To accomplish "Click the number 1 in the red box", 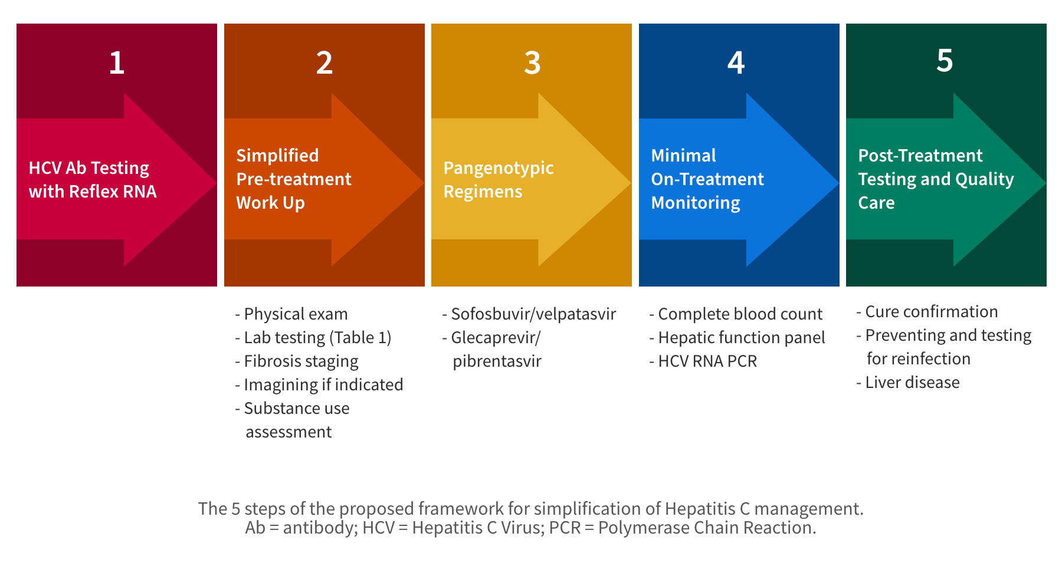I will (117, 62).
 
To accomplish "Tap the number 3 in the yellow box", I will (532, 62).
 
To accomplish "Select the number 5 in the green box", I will (945, 60).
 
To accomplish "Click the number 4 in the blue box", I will (736, 62).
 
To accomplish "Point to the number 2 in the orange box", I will (324, 62).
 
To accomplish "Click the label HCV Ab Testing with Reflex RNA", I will (93, 180).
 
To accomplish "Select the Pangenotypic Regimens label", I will (498, 180).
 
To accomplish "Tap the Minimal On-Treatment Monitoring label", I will (707, 179).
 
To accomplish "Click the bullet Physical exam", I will (295, 314).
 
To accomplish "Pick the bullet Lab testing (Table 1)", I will (317, 338).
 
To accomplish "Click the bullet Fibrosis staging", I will (300, 361).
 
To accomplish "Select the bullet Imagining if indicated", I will (323, 385).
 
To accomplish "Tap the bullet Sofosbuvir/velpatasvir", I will (533, 314).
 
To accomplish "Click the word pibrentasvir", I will (497, 361).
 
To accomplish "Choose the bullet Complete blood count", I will (739, 314).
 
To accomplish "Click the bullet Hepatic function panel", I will (741, 338).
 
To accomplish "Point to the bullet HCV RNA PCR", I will (707, 361).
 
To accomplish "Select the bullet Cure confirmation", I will (930, 312).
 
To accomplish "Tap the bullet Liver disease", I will (912, 383).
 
